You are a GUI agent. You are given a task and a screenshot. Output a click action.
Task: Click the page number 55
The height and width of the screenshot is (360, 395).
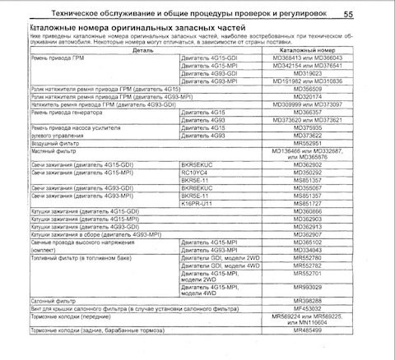tap(371, 13)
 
